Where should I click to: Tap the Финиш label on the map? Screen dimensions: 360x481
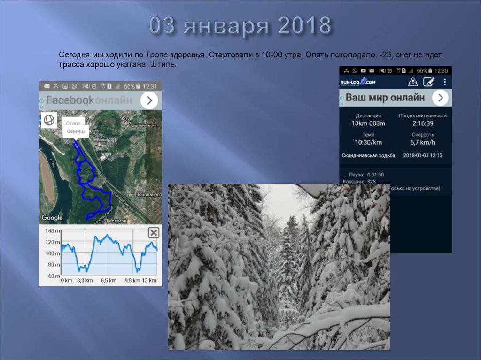tap(76, 131)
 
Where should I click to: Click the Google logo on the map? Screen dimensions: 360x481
tap(52, 218)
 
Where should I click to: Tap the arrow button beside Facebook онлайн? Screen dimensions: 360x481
tap(149, 100)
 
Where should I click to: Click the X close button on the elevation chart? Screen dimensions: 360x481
tap(153, 233)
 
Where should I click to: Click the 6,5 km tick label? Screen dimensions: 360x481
tap(108, 281)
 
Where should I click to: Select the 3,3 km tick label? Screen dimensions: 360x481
tap(85, 281)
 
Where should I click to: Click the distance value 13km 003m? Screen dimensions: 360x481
tap(368, 123)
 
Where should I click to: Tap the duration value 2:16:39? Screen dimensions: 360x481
tap(423, 123)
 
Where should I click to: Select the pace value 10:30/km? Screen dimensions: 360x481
tap(368, 142)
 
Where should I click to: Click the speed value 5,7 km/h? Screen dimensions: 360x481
tap(423, 142)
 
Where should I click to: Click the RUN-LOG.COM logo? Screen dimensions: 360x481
tap(358, 82)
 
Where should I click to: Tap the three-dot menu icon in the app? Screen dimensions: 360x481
tap(444, 82)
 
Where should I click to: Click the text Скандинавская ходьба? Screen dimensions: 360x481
tap(368, 155)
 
